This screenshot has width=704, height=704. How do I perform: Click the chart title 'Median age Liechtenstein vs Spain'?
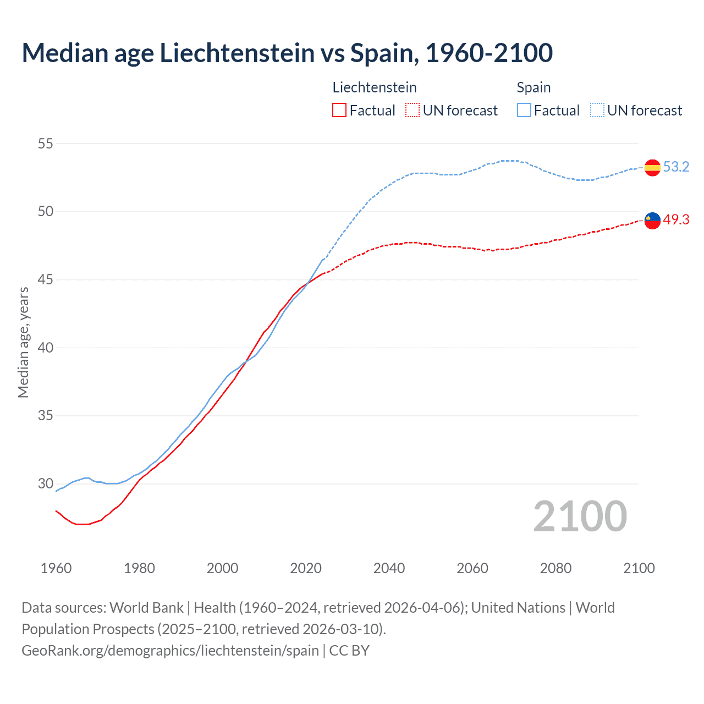point(287,53)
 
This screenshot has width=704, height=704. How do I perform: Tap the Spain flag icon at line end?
point(652,167)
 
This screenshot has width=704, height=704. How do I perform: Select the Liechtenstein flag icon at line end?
point(652,220)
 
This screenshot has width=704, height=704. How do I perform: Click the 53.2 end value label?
point(676,167)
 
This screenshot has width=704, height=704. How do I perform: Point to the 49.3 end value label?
point(676,219)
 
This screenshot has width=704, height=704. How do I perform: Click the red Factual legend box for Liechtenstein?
point(339,111)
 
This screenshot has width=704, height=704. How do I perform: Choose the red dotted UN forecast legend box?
point(413,111)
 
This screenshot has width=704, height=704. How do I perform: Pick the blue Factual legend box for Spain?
point(524,111)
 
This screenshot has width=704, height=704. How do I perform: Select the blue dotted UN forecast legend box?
point(597,111)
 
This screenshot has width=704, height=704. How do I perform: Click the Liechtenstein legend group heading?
point(375,87)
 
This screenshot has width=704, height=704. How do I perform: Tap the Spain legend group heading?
point(533,87)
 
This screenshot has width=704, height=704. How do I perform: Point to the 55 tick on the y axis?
point(46,144)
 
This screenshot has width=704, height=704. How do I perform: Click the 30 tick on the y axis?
point(46,483)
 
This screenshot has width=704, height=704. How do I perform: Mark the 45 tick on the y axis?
point(46,279)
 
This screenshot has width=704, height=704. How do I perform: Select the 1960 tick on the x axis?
point(56,568)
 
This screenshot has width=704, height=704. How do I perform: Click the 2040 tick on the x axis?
point(389,568)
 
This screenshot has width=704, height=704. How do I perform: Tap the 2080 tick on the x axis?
point(555,568)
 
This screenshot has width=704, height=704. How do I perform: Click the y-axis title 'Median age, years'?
point(23,342)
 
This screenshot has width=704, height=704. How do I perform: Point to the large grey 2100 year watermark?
point(580,516)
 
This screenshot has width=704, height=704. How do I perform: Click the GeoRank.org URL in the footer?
point(170,651)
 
